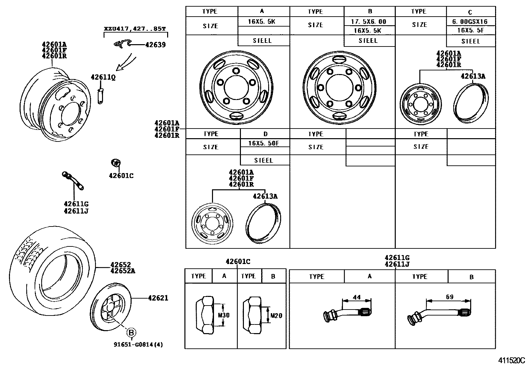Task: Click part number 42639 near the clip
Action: click(x=155, y=45)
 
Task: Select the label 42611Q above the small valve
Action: click(x=103, y=77)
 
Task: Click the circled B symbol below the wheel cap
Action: click(x=132, y=332)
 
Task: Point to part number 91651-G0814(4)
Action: click(x=138, y=344)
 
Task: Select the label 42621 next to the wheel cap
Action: click(x=158, y=298)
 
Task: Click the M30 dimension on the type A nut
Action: click(x=223, y=315)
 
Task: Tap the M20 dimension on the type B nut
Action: click(x=276, y=315)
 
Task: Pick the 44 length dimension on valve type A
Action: click(x=356, y=297)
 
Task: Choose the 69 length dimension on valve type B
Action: click(x=449, y=297)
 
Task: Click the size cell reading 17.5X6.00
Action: click(x=369, y=22)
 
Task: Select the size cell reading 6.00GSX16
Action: click(x=470, y=22)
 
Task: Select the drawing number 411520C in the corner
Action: click(x=511, y=360)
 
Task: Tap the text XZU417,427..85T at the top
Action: click(x=135, y=29)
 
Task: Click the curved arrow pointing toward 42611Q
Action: click(x=127, y=63)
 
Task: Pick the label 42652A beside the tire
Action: click(x=123, y=271)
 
